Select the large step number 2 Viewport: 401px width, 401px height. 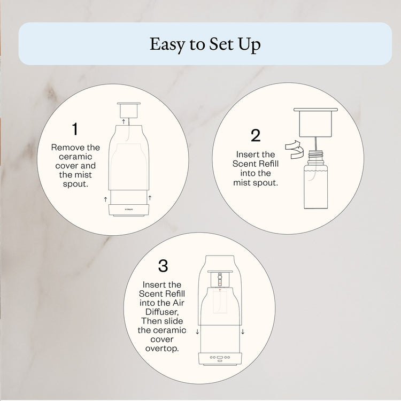(x=256, y=135)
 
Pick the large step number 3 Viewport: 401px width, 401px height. (x=163, y=266)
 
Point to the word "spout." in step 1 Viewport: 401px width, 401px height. (x=75, y=183)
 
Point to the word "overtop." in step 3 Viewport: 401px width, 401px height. (x=163, y=348)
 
